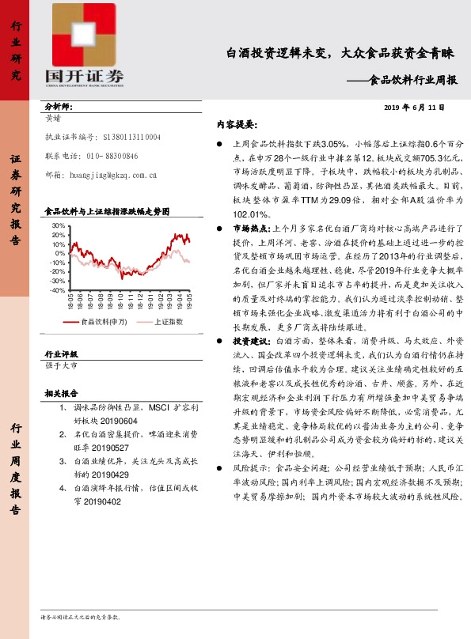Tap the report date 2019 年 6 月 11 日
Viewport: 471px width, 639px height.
click(x=414, y=107)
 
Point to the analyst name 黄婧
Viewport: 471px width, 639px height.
click(x=54, y=118)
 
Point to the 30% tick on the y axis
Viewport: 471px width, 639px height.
click(x=58, y=226)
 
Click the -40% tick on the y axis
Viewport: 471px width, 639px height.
click(x=56, y=290)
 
